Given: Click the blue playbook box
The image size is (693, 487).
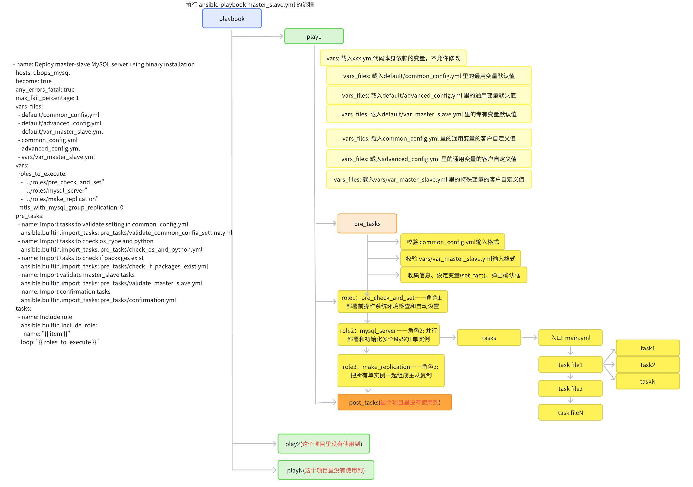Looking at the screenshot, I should click(x=231, y=18).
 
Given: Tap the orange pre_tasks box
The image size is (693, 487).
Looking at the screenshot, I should click(x=367, y=223).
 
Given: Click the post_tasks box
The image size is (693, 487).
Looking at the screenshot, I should click(x=394, y=402).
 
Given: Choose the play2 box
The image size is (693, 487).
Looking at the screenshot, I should click(x=323, y=443).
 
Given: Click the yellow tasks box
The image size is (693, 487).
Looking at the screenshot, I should click(x=489, y=338).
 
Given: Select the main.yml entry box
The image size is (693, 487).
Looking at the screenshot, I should click(x=570, y=338).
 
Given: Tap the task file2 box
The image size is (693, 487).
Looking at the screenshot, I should click(x=570, y=388).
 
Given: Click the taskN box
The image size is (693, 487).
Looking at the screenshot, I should click(x=648, y=381).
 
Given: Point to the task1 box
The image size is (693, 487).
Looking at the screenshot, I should click(x=648, y=348).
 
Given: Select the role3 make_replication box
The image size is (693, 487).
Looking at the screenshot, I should click(x=391, y=371).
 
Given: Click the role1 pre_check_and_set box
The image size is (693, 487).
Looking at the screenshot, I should click(x=392, y=301).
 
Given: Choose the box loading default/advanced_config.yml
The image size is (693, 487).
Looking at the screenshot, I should click(x=429, y=95).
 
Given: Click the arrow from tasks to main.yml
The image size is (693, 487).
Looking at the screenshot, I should click(x=530, y=337).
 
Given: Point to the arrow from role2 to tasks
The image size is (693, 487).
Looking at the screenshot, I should click(x=448, y=338).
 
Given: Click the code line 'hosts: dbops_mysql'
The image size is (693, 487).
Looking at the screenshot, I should click(x=43, y=73).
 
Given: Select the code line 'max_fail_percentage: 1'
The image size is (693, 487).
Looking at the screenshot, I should click(x=47, y=98).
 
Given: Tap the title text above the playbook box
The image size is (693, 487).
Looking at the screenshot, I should click(x=250, y=5).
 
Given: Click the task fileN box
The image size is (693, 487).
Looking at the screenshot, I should click(x=570, y=413).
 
